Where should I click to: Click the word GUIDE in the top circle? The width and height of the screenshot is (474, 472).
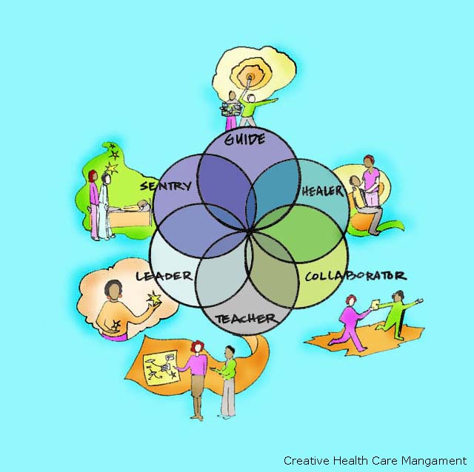[244, 138]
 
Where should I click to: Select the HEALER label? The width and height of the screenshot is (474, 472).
[322, 190]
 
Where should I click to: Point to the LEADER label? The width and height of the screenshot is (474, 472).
[164, 276]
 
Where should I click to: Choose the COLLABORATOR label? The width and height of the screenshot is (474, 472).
[355, 276]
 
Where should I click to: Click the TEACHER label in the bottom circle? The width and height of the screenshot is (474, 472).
[245, 319]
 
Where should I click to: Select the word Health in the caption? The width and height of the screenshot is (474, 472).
[346, 460]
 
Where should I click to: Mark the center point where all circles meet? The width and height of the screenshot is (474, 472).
[250, 233]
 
